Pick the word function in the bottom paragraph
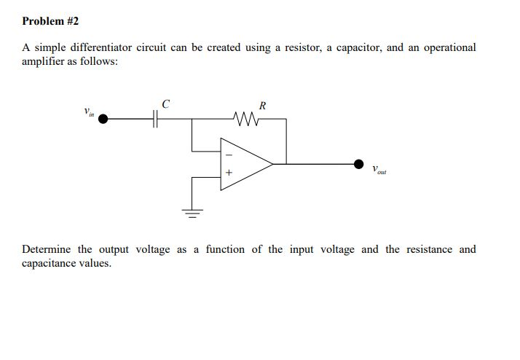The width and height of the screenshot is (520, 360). tap(225, 249)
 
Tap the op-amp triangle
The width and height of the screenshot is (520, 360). tap(245, 164)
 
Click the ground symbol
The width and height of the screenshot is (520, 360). tap(192, 212)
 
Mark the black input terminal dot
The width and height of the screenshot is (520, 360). tap(103, 117)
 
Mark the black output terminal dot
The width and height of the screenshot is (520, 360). tap(358, 164)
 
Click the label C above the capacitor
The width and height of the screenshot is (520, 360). tap(166, 103)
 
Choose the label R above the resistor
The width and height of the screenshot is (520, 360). tap(262, 104)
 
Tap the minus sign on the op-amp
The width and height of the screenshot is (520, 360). tap(227, 154)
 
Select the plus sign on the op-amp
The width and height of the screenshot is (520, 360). tap(227, 174)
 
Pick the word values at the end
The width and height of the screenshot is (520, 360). tap(98, 263)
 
